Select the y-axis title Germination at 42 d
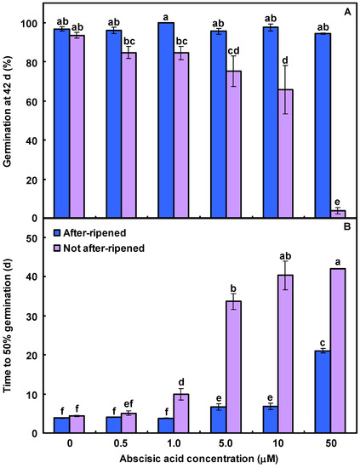(x=9, y=111)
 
